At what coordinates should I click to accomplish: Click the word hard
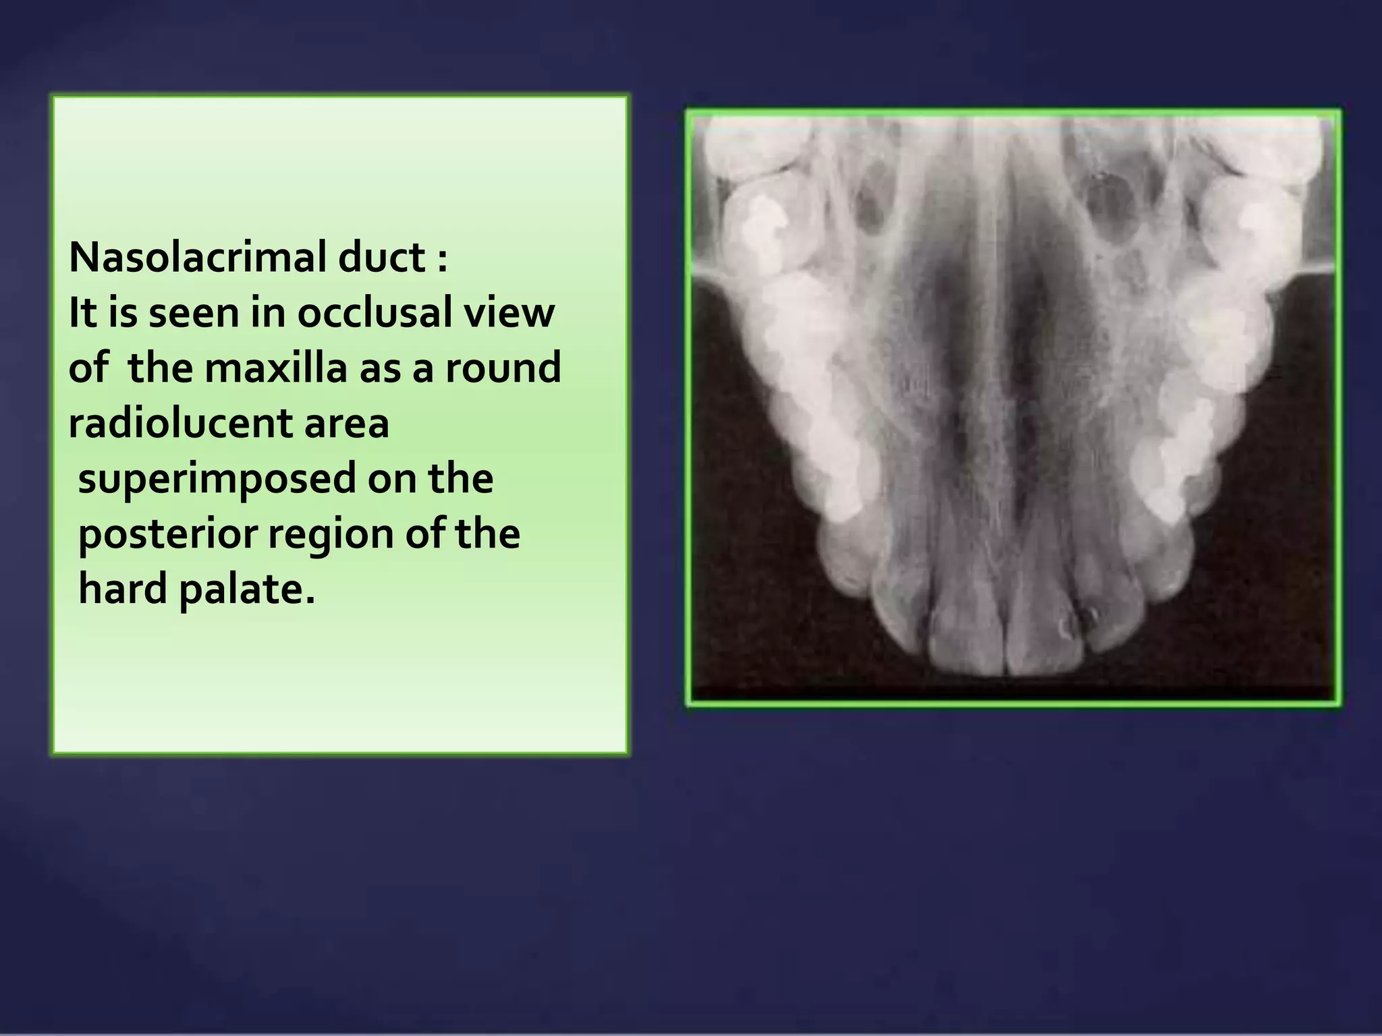tap(122, 589)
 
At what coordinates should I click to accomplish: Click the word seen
tap(193, 314)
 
